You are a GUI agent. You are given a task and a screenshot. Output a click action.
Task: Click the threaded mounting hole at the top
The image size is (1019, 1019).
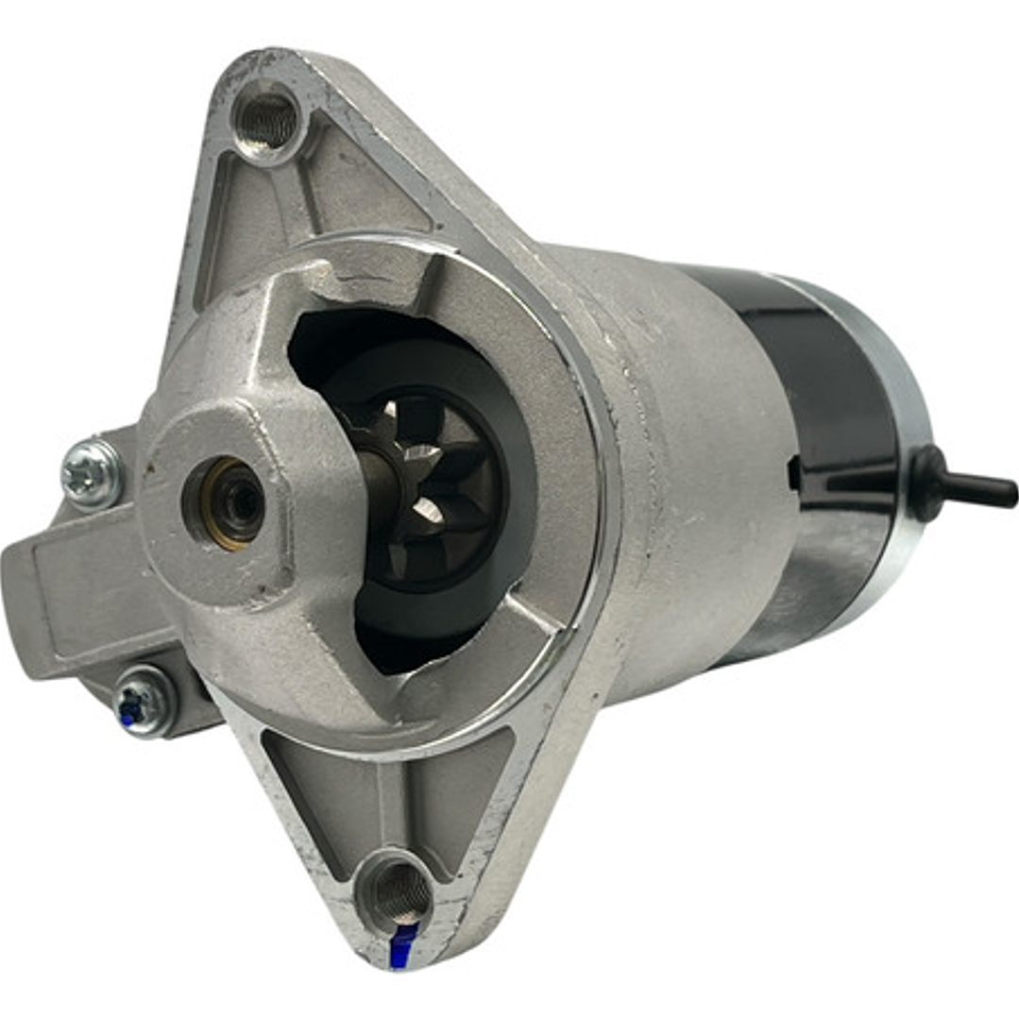pos(267,120)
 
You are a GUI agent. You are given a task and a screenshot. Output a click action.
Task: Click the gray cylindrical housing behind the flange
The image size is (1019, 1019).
pos(689,472)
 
